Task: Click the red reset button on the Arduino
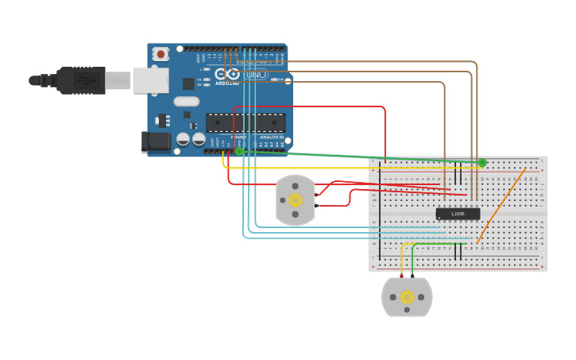tap(161, 54)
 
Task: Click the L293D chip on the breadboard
tap(458, 214)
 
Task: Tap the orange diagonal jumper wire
tap(501, 206)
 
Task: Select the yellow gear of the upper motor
tap(296, 200)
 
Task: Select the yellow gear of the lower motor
tap(407, 297)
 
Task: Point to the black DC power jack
tap(156, 142)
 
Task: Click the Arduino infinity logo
tap(226, 74)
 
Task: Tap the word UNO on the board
tap(256, 74)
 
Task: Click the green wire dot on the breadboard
tap(482, 162)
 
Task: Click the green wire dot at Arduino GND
tap(238, 150)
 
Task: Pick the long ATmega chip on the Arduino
tap(245, 122)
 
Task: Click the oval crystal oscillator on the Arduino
tap(186, 101)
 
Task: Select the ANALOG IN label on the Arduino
tap(270, 137)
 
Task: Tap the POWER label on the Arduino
tap(238, 137)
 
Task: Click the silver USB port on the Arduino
tap(150, 80)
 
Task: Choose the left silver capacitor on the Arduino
tap(183, 139)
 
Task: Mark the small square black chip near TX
tap(188, 83)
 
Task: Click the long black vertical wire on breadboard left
tap(380, 211)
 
